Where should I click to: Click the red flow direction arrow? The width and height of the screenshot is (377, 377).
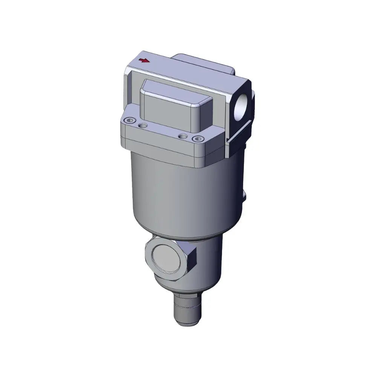[144, 60]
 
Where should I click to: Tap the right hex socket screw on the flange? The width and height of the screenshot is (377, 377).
[195, 139]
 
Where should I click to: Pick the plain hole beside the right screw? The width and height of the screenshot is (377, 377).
[183, 136]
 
